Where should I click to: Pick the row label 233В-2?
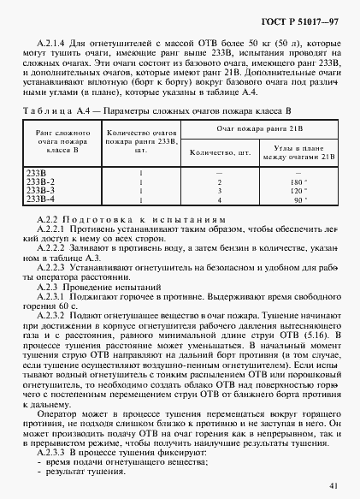click(x=41, y=182)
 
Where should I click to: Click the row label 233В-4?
click(x=41, y=199)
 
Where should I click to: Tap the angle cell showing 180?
click(x=297, y=182)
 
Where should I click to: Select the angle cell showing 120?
click(x=297, y=191)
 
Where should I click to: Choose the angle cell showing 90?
click(x=297, y=199)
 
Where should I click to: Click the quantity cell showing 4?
click(x=220, y=199)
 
